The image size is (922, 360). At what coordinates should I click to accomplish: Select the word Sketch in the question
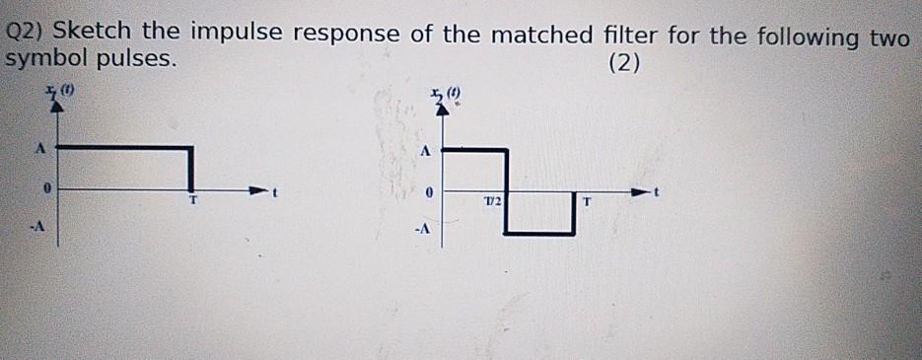[x=90, y=35]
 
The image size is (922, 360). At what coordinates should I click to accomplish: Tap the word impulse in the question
[x=236, y=35]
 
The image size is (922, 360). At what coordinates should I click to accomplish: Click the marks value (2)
[x=624, y=65]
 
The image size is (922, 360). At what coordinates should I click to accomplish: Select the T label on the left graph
[x=194, y=200]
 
